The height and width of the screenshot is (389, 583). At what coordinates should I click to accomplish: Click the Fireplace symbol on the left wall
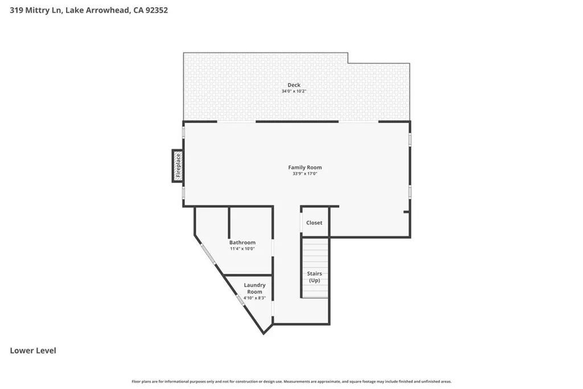[x=178, y=166]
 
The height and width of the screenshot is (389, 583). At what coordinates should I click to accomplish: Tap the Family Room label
[x=305, y=167]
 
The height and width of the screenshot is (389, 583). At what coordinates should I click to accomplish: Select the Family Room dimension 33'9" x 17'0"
[x=305, y=174]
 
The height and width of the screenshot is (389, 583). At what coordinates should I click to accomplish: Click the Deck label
[x=294, y=85]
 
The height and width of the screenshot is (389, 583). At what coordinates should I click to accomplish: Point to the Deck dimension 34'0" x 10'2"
[x=294, y=91]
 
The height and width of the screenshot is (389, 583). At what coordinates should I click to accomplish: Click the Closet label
[x=314, y=223]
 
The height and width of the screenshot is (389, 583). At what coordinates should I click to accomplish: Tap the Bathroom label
[x=243, y=243]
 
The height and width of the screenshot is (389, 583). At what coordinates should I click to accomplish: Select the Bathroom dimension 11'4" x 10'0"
[x=243, y=249]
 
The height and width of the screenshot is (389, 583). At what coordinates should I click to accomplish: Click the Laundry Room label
[x=254, y=288]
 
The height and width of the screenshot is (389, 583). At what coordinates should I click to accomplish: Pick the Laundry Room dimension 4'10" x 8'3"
[x=254, y=298]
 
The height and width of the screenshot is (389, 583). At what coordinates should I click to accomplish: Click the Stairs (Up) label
[x=314, y=277]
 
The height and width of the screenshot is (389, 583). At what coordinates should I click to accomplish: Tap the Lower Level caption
[x=33, y=351]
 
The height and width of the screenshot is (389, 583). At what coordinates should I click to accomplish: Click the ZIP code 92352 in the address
[x=157, y=10]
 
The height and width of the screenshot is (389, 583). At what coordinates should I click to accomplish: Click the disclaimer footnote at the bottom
[x=291, y=382]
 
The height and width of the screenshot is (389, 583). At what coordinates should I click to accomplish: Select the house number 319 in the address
[x=17, y=10]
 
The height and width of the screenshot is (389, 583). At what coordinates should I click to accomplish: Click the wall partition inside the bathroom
[x=229, y=222]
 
